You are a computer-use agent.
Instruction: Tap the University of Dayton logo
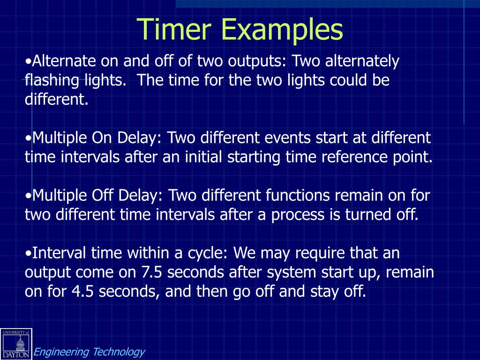16,344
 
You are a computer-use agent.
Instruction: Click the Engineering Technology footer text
90,352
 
